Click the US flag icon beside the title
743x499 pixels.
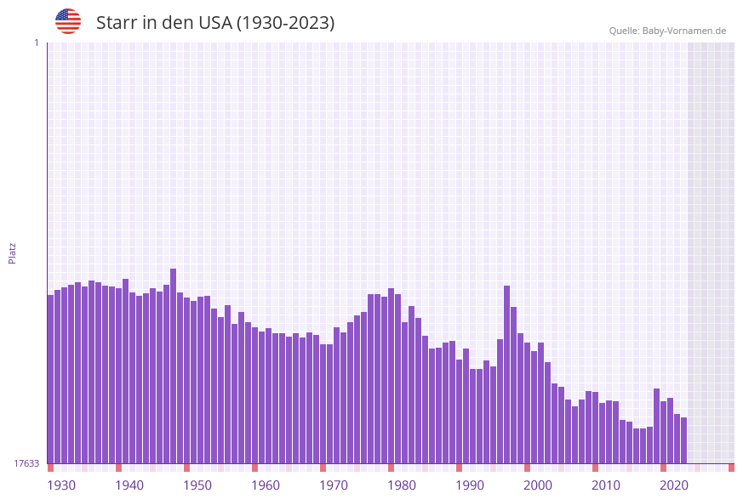pos(68,21)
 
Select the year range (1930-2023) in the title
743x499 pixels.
pos(284,23)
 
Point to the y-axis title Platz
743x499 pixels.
pos(13,252)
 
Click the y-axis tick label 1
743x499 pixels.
pos(36,43)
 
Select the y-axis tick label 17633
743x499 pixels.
pos(26,463)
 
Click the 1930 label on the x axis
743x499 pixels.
pos(61,485)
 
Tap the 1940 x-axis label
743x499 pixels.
pos(129,485)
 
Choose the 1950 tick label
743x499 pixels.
pos(197,485)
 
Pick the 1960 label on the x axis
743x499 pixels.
pos(266,485)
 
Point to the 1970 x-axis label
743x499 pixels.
pos(334,485)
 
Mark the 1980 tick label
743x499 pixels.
pos(402,485)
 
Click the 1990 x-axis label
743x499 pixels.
pos(470,485)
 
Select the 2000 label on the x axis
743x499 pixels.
pos(538,485)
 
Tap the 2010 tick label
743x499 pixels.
pos(606,485)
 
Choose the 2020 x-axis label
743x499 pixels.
pos(674,485)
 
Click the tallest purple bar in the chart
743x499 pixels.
pos(174,366)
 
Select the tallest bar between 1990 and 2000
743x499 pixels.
pos(507,374)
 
